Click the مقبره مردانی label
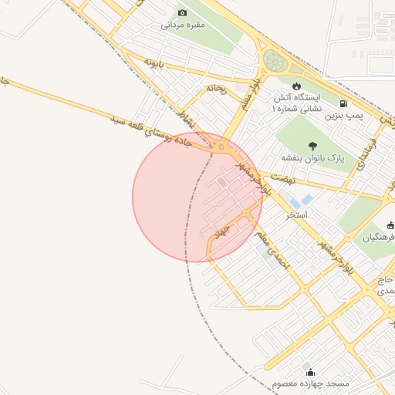[183, 25]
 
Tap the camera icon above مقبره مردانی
[183, 12]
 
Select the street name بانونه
[154, 62]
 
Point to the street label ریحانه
[215, 88]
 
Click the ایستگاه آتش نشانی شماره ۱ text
[297, 105]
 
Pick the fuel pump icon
[343, 103]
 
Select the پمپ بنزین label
[343, 115]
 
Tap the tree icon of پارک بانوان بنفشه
[312, 146]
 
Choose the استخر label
[297, 214]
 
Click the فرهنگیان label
[378, 238]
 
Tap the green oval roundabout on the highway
[274, 60]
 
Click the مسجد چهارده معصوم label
[311, 383]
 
